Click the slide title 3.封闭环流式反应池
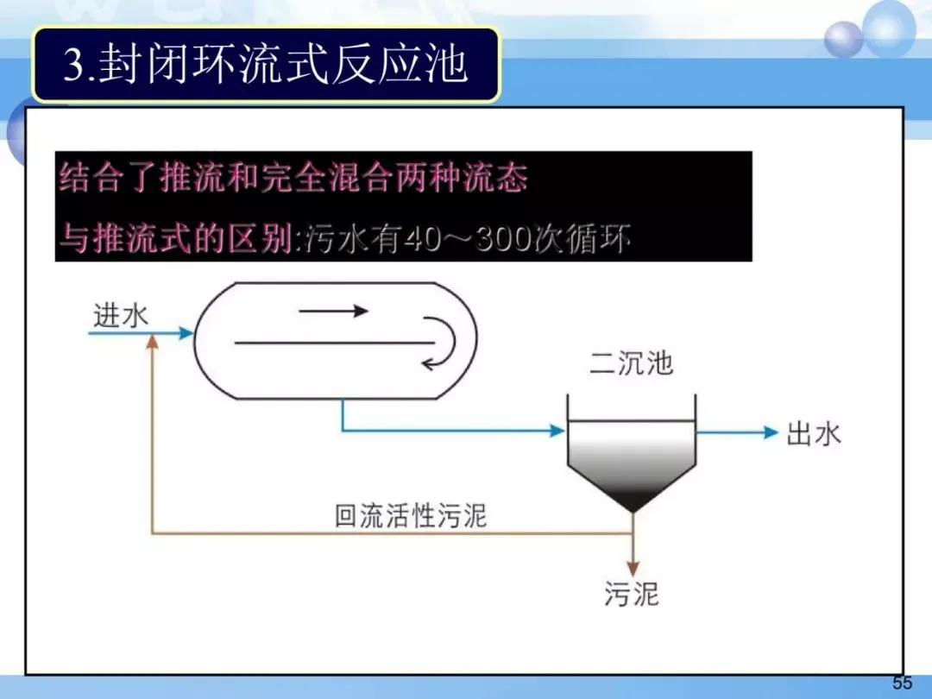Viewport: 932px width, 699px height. (x=266, y=65)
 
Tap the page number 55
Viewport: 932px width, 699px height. (x=902, y=683)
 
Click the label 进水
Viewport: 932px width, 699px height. (x=121, y=315)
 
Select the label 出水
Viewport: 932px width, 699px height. (x=813, y=433)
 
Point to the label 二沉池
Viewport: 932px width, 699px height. (x=631, y=363)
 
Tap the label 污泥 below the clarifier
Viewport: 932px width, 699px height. (x=632, y=595)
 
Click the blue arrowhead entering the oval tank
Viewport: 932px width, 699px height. (x=186, y=332)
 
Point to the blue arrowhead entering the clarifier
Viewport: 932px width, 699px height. (x=557, y=431)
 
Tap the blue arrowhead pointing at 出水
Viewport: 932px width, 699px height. (x=771, y=432)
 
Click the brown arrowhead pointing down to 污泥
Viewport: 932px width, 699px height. (x=633, y=569)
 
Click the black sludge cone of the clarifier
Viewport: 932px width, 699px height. (x=632, y=496)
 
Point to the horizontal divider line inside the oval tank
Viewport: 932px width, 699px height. (x=332, y=343)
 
